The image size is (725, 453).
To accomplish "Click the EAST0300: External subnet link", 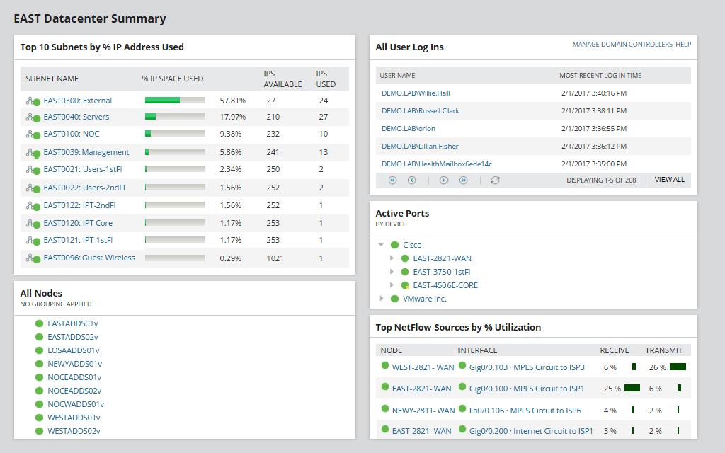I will (x=77, y=101).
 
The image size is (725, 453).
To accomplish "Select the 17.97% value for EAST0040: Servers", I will (x=232, y=117).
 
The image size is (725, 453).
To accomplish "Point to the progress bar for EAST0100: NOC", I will (x=175, y=133).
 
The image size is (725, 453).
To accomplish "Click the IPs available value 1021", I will (x=275, y=258).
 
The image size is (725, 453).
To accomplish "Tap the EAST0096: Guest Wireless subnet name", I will (x=89, y=258).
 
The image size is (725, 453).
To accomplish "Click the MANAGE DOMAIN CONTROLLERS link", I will (x=622, y=45).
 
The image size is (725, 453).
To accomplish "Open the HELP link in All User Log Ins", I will (x=683, y=45).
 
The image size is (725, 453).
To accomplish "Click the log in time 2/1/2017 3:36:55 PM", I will (x=593, y=129).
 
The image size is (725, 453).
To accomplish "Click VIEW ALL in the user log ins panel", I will (x=669, y=180).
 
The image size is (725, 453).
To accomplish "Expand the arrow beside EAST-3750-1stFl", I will (x=392, y=272).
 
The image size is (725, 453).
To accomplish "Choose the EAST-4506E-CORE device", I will (x=445, y=285).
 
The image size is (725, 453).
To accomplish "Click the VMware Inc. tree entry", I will (x=424, y=299).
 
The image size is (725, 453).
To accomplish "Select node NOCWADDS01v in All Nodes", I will (x=75, y=404).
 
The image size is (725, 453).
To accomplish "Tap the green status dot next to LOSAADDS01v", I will (x=40, y=350).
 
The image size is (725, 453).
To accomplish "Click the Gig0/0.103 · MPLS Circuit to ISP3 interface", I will (x=527, y=367).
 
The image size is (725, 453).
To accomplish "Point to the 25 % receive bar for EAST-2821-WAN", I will (x=632, y=388).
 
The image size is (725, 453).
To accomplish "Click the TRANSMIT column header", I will (x=663, y=350).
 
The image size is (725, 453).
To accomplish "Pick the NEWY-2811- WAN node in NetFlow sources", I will (x=423, y=410).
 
